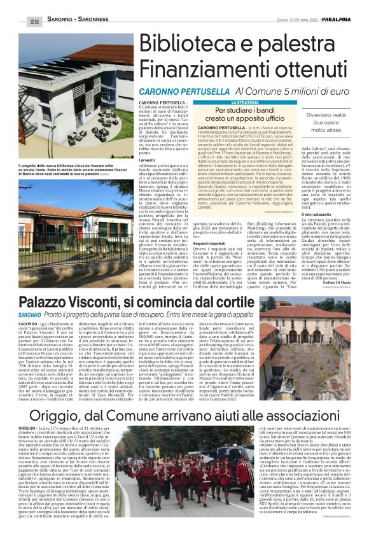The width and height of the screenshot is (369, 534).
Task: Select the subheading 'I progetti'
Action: click(148, 161)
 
